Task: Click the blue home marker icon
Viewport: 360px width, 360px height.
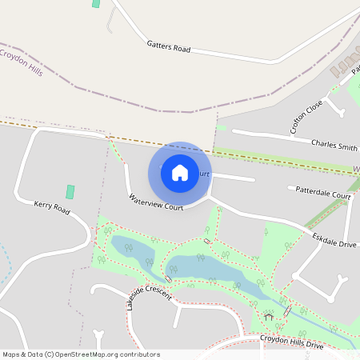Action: click(180, 173)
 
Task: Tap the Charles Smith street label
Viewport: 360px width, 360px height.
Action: click(334, 146)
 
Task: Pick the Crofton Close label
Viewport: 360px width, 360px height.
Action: click(306, 116)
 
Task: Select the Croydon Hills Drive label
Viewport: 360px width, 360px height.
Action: click(291, 342)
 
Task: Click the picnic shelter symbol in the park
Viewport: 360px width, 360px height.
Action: click(269, 316)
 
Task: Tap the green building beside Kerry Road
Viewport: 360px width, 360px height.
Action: click(70, 192)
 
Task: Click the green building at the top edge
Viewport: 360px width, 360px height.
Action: click(97, 3)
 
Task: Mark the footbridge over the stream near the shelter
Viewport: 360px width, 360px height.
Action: click(288, 311)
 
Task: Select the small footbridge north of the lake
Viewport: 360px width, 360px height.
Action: click(208, 240)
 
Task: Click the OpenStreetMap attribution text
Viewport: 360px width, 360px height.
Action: click(81, 354)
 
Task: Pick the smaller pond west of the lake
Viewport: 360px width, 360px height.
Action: click(132, 251)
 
